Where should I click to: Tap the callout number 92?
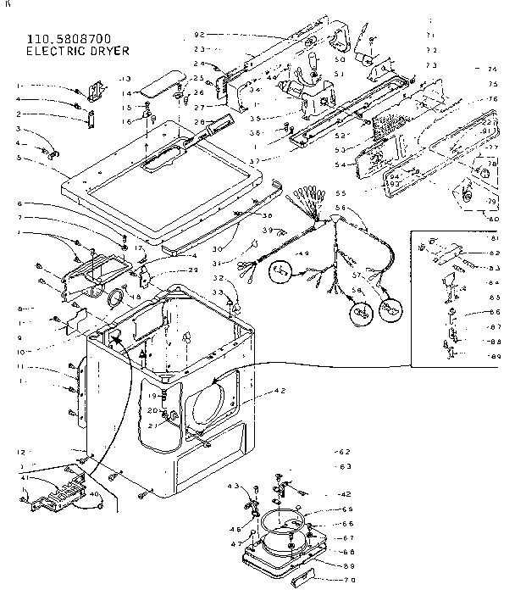[200, 35]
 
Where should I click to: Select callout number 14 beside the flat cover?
[125, 93]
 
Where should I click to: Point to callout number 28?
[199, 122]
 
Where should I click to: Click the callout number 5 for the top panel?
[19, 158]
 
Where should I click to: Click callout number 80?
[490, 218]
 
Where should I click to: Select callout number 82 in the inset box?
[494, 253]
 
